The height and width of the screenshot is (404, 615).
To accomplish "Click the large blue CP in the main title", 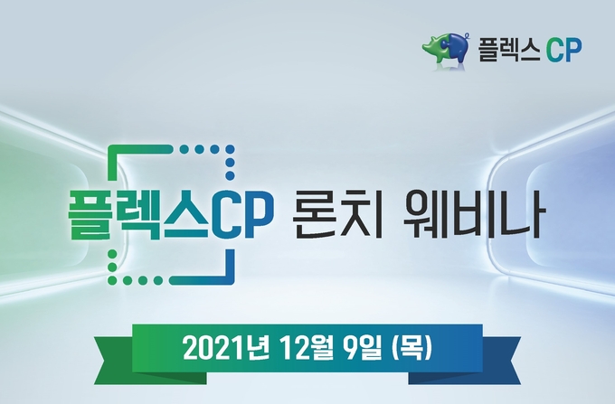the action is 240,215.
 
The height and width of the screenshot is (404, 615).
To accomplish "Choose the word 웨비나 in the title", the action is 474,215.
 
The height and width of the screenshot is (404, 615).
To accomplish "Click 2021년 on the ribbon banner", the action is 226,348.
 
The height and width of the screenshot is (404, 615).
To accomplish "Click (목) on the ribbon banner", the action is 412,348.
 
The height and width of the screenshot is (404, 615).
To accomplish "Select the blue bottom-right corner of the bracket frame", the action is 230,279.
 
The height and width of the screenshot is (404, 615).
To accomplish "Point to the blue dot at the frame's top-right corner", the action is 231,150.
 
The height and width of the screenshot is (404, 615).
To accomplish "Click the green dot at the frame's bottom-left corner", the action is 112,280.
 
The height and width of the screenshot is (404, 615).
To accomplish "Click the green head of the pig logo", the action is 432,47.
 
